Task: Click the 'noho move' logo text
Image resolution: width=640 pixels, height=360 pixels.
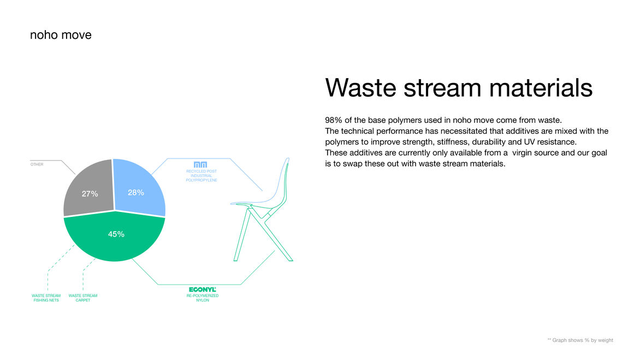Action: click(x=61, y=35)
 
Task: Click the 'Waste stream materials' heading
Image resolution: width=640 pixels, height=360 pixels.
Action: click(x=459, y=88)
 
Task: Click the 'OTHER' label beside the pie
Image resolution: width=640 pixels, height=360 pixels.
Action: click(x=37, y=164)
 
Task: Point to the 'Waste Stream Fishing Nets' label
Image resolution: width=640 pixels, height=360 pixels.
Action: click(x=46, y=298)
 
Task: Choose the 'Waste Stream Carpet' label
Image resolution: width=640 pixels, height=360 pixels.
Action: click(x=83, y=298)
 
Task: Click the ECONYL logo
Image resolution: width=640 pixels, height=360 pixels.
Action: click(x=203, y=290)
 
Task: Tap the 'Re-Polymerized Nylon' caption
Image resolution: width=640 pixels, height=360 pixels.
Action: click(x=203, y=298)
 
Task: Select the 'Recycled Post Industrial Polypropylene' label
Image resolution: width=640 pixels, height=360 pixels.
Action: click(x=202, y=175)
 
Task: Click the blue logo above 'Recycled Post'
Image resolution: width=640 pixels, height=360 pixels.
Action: click(x=200, y=164)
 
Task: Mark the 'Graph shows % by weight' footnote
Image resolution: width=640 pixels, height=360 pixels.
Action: click(x=580, y=340)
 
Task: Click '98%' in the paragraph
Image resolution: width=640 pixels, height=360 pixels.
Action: click(x=334, y=120)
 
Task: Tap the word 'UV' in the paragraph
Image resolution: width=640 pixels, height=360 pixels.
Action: click(x=529, y=142)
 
